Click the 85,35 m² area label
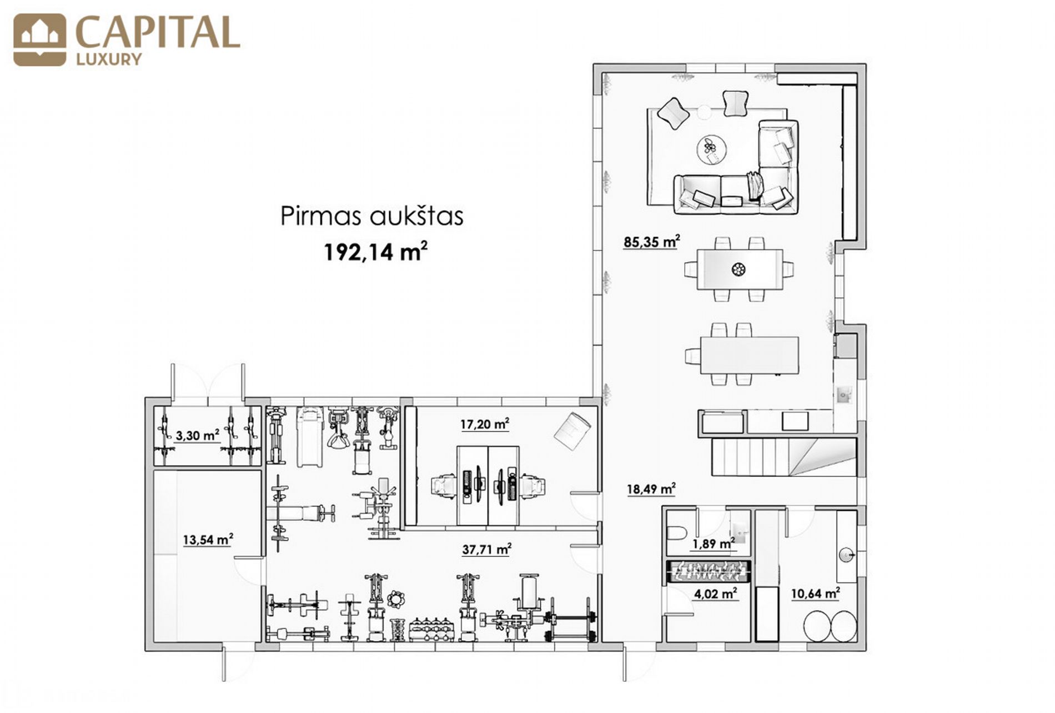click(652, 242)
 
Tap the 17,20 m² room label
click(485, 425)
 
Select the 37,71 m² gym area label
click(486, 550)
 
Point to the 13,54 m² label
click(208, 539)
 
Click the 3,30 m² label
click(197, 435)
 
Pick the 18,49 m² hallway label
click(651, 489)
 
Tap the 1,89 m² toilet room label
click(713, 544)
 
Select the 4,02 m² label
click(715, 594)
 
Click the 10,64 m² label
click(815, 594)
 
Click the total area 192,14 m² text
click(376, 252)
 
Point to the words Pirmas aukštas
click(371, 216)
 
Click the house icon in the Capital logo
click(39, 40)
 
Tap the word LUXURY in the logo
click(109, 59)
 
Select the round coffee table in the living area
click(712, 149)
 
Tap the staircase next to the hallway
click(783, 456)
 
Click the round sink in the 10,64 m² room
click(846, 555)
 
